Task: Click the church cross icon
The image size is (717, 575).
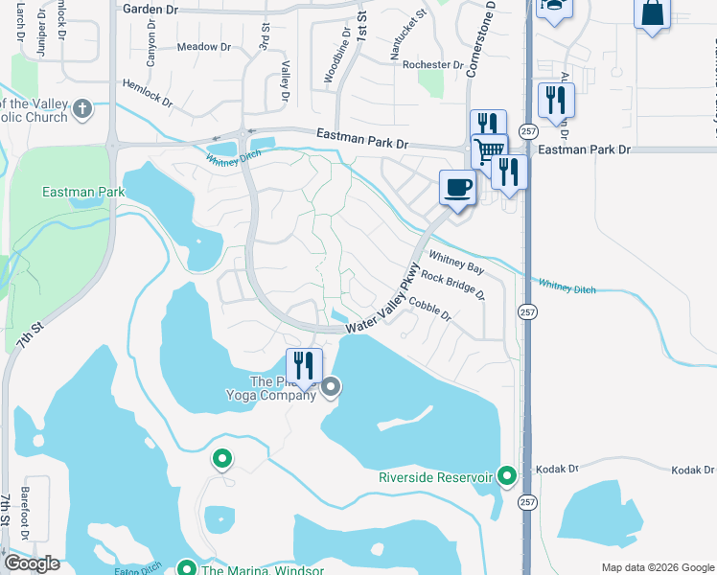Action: pyautogui.click(x=82, y=108)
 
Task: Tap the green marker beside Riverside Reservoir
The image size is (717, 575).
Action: pyautogui.click(x=507, y=475)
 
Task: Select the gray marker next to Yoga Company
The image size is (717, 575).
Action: pyautogui.click(x=331, y=387)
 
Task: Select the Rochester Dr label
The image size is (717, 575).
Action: pyautogui.click(x=433, y=65)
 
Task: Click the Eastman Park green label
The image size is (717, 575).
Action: pyautogui.click(x=82, y=193)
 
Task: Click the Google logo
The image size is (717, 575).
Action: pyautogui.click(x=33, y=563)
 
